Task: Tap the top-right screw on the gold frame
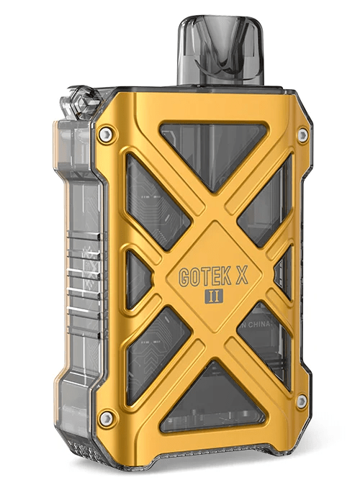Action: coord(303,135)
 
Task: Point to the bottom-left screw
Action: coord(107,417)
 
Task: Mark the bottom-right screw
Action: coord(301,401)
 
